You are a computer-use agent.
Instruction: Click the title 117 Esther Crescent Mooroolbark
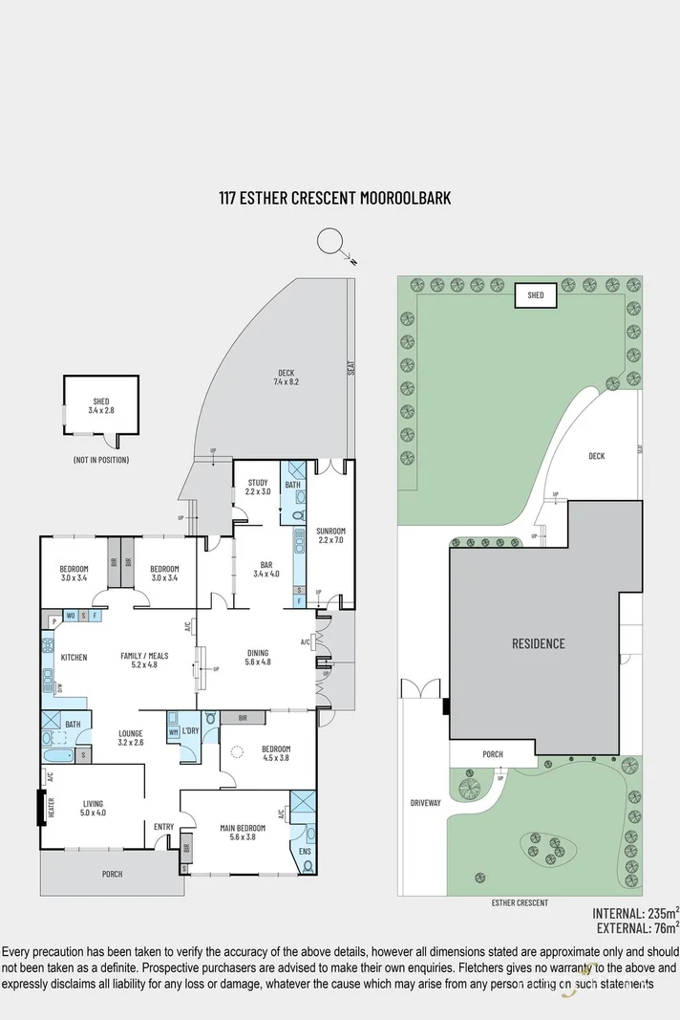click(334, 198)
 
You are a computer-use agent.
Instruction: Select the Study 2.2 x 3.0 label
click(258, 487)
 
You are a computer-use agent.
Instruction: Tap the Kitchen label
click(74, 658)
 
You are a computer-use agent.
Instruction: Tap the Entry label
click(163, 826)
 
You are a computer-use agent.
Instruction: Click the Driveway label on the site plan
click(425, 803)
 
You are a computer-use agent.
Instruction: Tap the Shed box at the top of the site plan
click(536, 295)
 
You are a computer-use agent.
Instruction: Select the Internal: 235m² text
click(635, 912)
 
